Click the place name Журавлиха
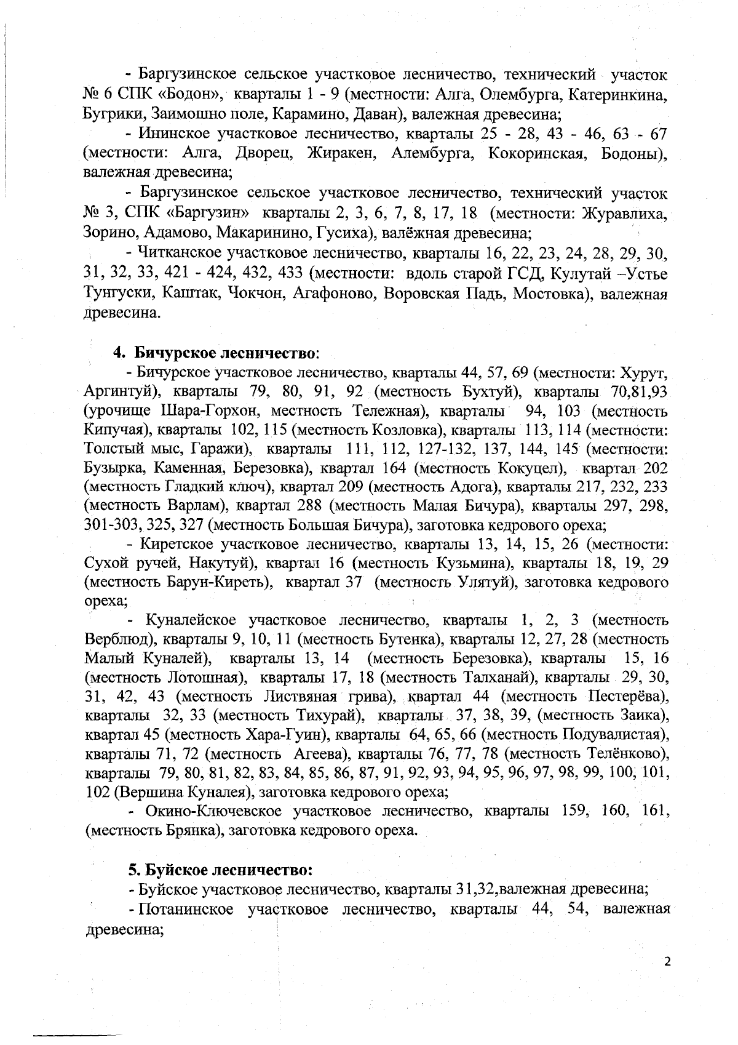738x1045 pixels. tap(624, 214)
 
